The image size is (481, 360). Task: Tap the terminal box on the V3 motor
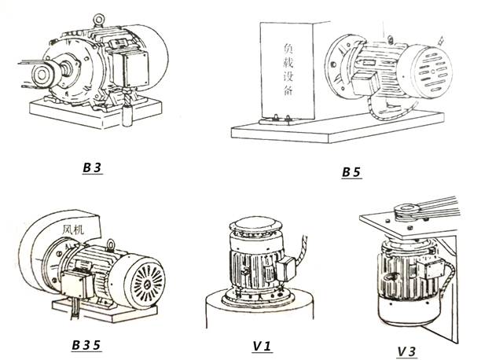(433, 270)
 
